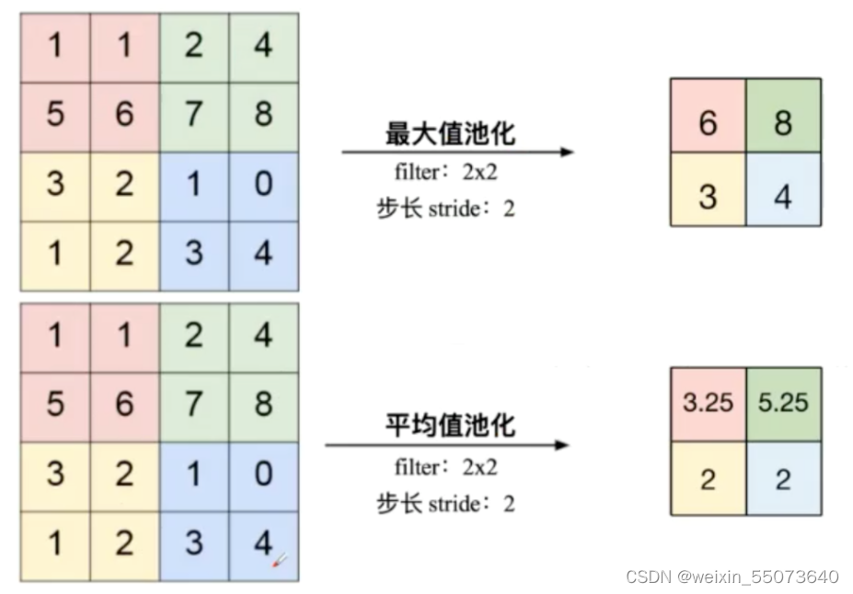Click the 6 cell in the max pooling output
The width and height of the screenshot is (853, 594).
click(707, 116)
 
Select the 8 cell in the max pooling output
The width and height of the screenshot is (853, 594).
click(783, 116)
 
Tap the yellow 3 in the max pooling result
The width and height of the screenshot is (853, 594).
click(707, 189)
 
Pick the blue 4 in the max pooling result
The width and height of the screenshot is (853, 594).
click(783, 189)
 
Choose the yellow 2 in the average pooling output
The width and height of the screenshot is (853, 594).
click(707, 477)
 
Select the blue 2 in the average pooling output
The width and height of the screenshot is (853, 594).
click(783, 477)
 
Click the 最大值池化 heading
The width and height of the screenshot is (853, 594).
click(450, 133)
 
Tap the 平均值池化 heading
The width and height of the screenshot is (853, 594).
click(450, 425)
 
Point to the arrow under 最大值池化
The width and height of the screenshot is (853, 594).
click(457, 152)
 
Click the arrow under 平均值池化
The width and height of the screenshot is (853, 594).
click(447, 446)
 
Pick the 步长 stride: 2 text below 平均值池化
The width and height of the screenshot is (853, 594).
click(445, 503)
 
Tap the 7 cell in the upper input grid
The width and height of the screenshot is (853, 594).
click(193, 115)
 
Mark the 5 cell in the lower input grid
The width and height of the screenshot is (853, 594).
click(55, 406)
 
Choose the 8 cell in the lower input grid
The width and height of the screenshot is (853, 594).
click(263, 406)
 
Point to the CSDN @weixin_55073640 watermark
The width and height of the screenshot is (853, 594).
click(732, 577)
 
